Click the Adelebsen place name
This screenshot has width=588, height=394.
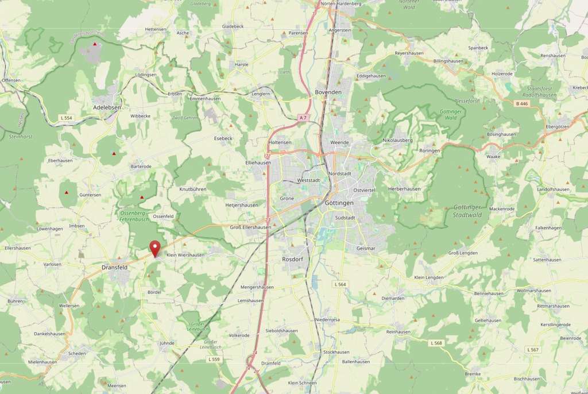[107, 107]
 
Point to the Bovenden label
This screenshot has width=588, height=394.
[328, 92]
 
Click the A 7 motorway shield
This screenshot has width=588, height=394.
[303, 117]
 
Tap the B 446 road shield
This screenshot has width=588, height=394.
[521, 103]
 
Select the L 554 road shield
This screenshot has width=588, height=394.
[66, 118]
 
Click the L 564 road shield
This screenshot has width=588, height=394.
[340, 284]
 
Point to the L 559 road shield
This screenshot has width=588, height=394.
[214, 360]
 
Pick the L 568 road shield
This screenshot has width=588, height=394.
[436, 343]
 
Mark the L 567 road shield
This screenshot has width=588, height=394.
[533, 349]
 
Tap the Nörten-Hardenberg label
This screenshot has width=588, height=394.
[341, 3]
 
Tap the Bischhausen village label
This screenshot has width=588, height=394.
[527, 379]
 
